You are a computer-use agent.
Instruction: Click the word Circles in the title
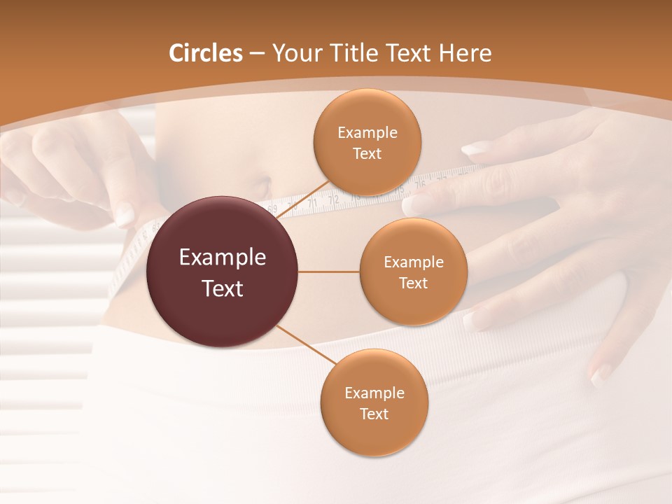click(x=206, y=53)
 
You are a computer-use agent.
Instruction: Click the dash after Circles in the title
click(x=257, y=54)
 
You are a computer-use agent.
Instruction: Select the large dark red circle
click(x=223, y=272)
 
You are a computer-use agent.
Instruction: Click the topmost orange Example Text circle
click(x=367, y=142)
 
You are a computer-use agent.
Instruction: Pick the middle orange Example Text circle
click(x=413, y=272)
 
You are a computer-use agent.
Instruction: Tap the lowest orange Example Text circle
click(x=374, y=402)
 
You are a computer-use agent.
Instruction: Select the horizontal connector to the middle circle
click(x=329, y=272)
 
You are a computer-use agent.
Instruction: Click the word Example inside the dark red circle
click(x=223, y=258)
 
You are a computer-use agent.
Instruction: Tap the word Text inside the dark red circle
click(x=223, y=288)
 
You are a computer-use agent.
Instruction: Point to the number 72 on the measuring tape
click(x=334, y=200)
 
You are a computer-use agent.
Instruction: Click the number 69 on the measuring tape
click(x=272, y=209)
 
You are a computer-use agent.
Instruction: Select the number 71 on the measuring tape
click(x=312, y=203)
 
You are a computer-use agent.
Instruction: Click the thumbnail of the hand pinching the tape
click(x=125, y=214)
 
